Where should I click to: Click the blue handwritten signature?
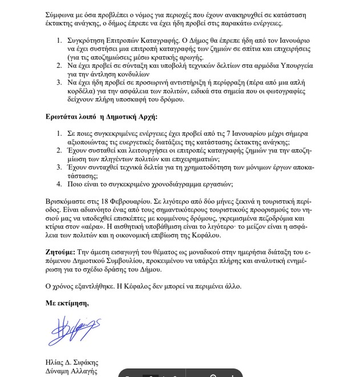74,331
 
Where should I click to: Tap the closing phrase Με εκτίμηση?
67,303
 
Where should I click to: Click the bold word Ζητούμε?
59,252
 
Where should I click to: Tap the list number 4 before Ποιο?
59,184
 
